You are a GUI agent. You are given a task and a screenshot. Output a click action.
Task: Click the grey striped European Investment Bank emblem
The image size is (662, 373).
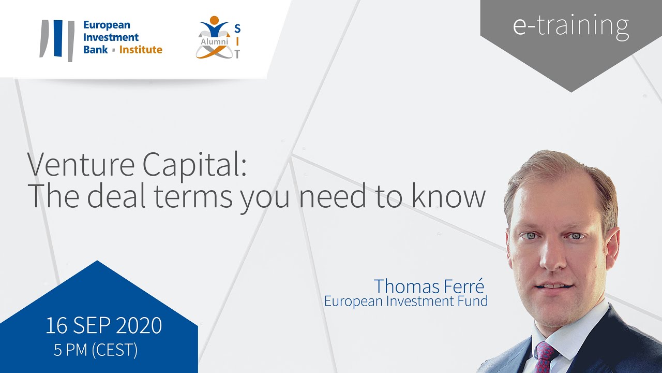click(57, 40)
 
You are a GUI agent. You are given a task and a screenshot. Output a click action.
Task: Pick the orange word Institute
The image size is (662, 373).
click(141, 50)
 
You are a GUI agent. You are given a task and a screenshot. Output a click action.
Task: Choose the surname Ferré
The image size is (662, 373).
click(466, 286)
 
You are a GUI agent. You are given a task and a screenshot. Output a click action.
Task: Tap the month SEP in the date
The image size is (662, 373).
click(92, 325)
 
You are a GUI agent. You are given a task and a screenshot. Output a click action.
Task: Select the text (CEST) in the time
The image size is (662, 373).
click(114, 350)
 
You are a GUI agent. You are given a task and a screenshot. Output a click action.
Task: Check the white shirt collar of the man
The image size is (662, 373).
click(574, 332)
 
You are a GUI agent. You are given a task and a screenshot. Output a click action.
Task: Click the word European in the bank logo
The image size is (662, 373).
click(107, 25)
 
